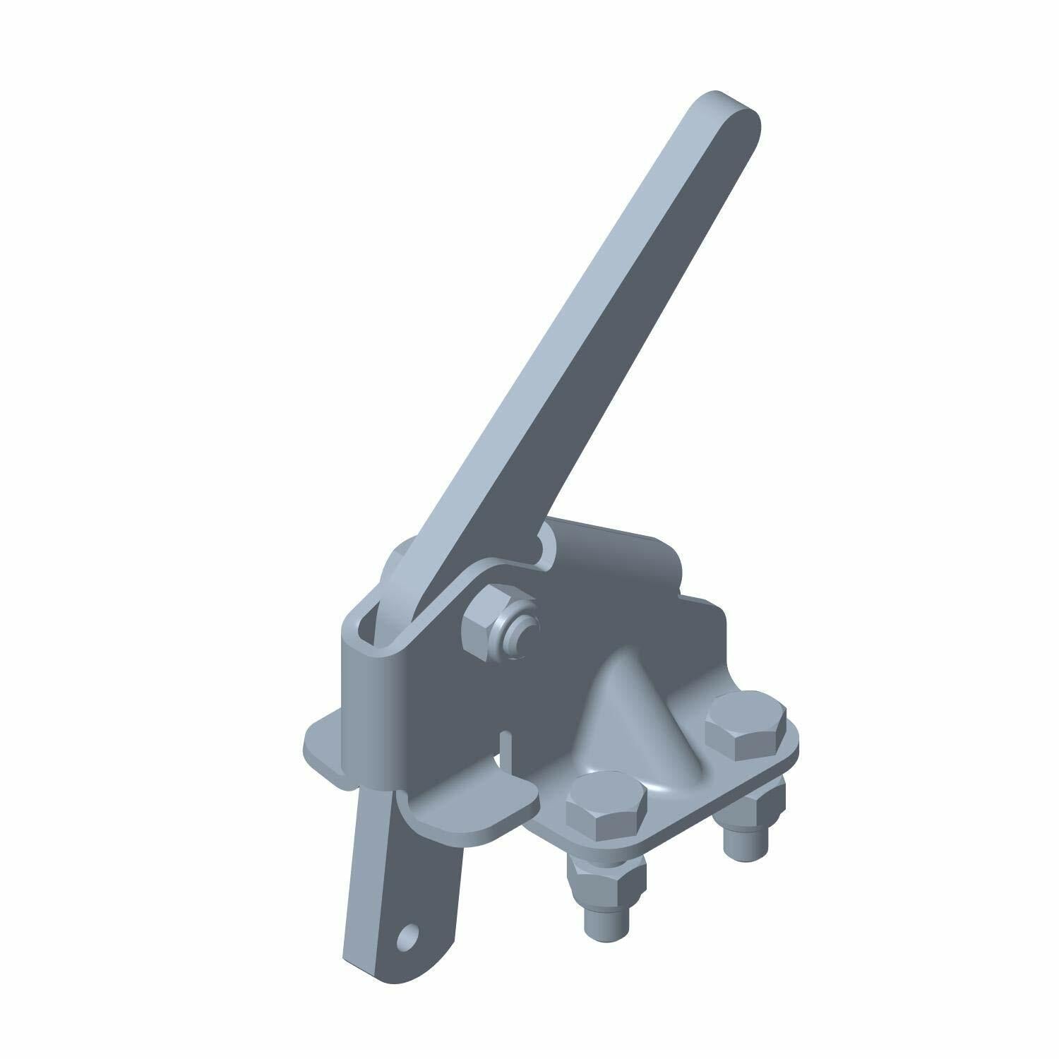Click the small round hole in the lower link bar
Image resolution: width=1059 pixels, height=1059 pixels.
tap(408, 937)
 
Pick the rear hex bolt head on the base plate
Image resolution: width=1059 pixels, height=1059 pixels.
tap(745, 726)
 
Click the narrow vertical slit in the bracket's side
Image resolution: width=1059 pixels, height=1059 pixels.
tap(503, 748)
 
